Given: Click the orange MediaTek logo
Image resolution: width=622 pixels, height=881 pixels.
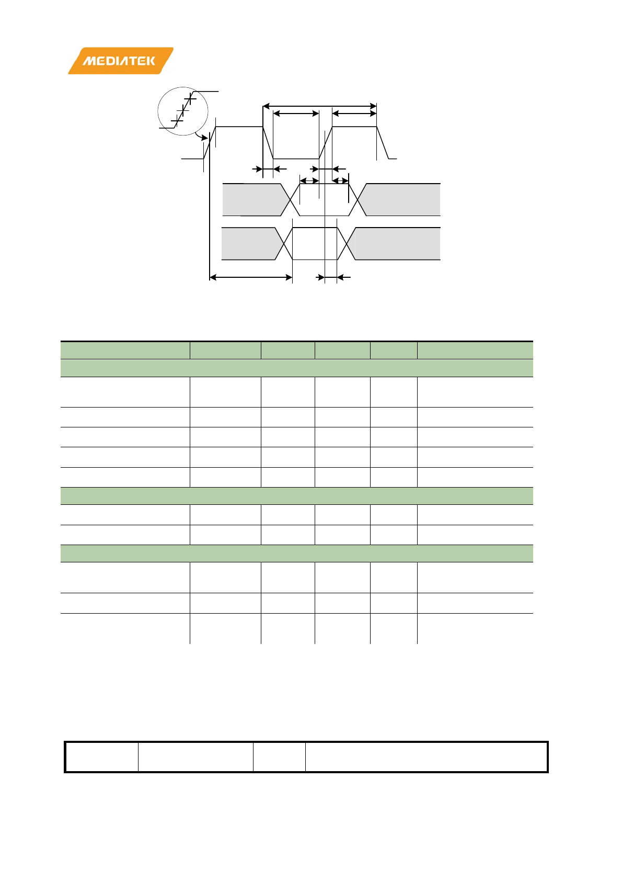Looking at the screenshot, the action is [120, 61].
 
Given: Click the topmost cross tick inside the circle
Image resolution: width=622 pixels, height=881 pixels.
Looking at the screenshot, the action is [190, 98].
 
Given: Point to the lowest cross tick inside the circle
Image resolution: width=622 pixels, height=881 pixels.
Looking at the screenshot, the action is [177, 121].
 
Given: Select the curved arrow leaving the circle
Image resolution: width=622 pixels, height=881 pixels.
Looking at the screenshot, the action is [201, 137].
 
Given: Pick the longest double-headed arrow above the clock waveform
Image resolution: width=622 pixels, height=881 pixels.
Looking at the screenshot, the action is [319, 106].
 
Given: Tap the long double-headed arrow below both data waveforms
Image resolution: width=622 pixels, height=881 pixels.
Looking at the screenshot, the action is [250, 277].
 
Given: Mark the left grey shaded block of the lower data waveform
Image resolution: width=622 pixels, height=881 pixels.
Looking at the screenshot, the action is [248, 243].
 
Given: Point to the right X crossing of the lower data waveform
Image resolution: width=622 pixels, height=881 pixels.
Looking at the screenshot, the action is [347, 243].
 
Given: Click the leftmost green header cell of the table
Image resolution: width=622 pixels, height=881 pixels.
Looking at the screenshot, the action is [125, 350].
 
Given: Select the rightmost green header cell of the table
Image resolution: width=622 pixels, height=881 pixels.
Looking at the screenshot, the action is [475, 350].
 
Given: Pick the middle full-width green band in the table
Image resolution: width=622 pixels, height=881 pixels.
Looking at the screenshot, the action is [296, 495].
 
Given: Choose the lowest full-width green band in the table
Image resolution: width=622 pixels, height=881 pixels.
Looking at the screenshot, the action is [296, 553].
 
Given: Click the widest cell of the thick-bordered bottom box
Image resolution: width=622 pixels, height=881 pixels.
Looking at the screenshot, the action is [425, 756].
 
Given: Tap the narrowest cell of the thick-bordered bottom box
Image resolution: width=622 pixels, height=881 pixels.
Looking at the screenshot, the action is [279, 756].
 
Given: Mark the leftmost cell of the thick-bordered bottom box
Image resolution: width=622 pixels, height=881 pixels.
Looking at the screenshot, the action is [102, 756].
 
